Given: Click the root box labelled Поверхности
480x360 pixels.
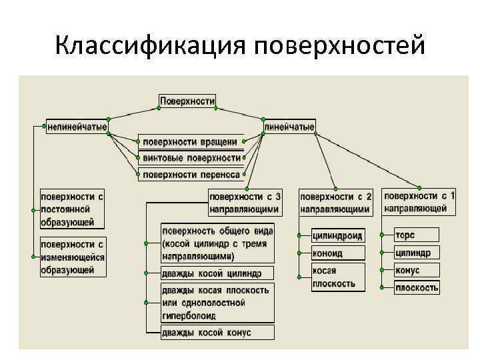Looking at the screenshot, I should [187, 101].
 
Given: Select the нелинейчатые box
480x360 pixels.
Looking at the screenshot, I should [77, 126].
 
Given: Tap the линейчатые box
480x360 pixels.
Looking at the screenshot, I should [289, 126].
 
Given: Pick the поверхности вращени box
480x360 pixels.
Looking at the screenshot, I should [191, 141].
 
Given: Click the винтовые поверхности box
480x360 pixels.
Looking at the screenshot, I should [191, 158].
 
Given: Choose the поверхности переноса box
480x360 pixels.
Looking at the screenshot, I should [191, 175].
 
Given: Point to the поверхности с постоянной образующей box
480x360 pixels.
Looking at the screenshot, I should [72, 209].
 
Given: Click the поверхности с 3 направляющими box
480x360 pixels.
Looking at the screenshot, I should [245, 203].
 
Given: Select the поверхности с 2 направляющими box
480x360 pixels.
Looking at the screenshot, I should [335, 203].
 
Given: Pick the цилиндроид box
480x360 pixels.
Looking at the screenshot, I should [339, 235].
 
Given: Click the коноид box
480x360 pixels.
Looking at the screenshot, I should [339, 253].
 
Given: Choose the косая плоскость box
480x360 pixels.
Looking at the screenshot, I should [339, 277].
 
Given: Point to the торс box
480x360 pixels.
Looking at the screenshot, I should [417, 235].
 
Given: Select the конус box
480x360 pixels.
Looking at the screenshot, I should [417, 271].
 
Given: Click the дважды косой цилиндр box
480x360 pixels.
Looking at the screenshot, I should [216, 273].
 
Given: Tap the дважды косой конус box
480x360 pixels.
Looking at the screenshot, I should [216, 333].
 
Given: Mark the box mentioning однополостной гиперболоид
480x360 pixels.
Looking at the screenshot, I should [216, 303].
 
